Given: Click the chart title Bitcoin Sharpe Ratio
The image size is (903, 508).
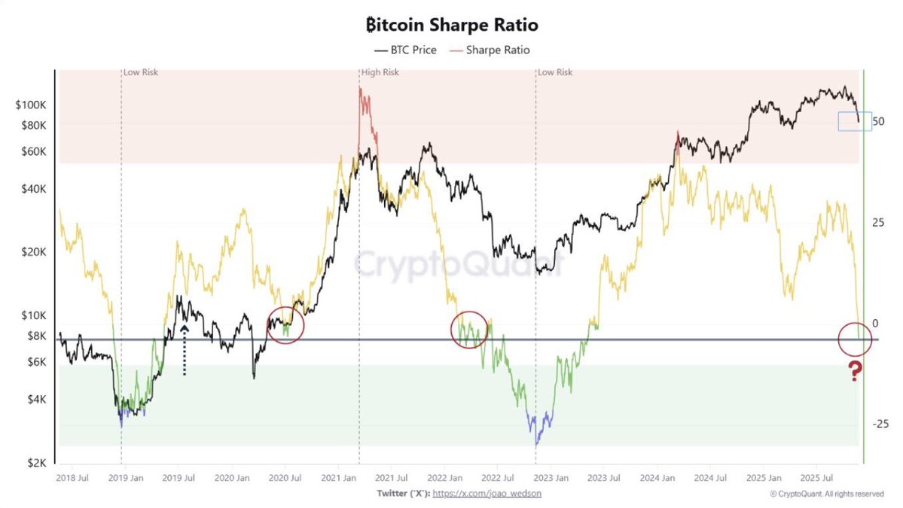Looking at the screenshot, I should pyautogui.click(x=451, y=25).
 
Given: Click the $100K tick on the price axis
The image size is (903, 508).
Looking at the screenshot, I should pyautogui.click(x=31, y=105).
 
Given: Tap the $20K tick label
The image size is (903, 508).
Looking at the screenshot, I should pyautogui.click(x=34, y=252).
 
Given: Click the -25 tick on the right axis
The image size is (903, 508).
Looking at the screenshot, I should pyautogui.click(x=878, y=424).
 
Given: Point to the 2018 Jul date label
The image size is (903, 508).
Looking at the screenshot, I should pyautogui.click(x=72, y=478).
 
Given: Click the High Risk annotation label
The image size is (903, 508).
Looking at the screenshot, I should pyautogui.click(x=380, y=72).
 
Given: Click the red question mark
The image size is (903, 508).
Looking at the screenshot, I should pyautogui.click(x=855, y=370).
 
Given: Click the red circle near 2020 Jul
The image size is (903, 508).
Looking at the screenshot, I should pyautogui.click(x=285, y=325).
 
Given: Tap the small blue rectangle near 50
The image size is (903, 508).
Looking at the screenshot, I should pyautogui.click(x=855, y=121).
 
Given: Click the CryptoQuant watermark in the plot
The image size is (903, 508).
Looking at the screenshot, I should pyautogui.click(x=458, y=263).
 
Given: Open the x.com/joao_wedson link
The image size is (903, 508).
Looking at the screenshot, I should pyautogui.click(x=487, y=494).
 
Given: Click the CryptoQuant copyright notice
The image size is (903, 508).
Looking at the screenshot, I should pyautogui.click(x=827, y=494).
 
